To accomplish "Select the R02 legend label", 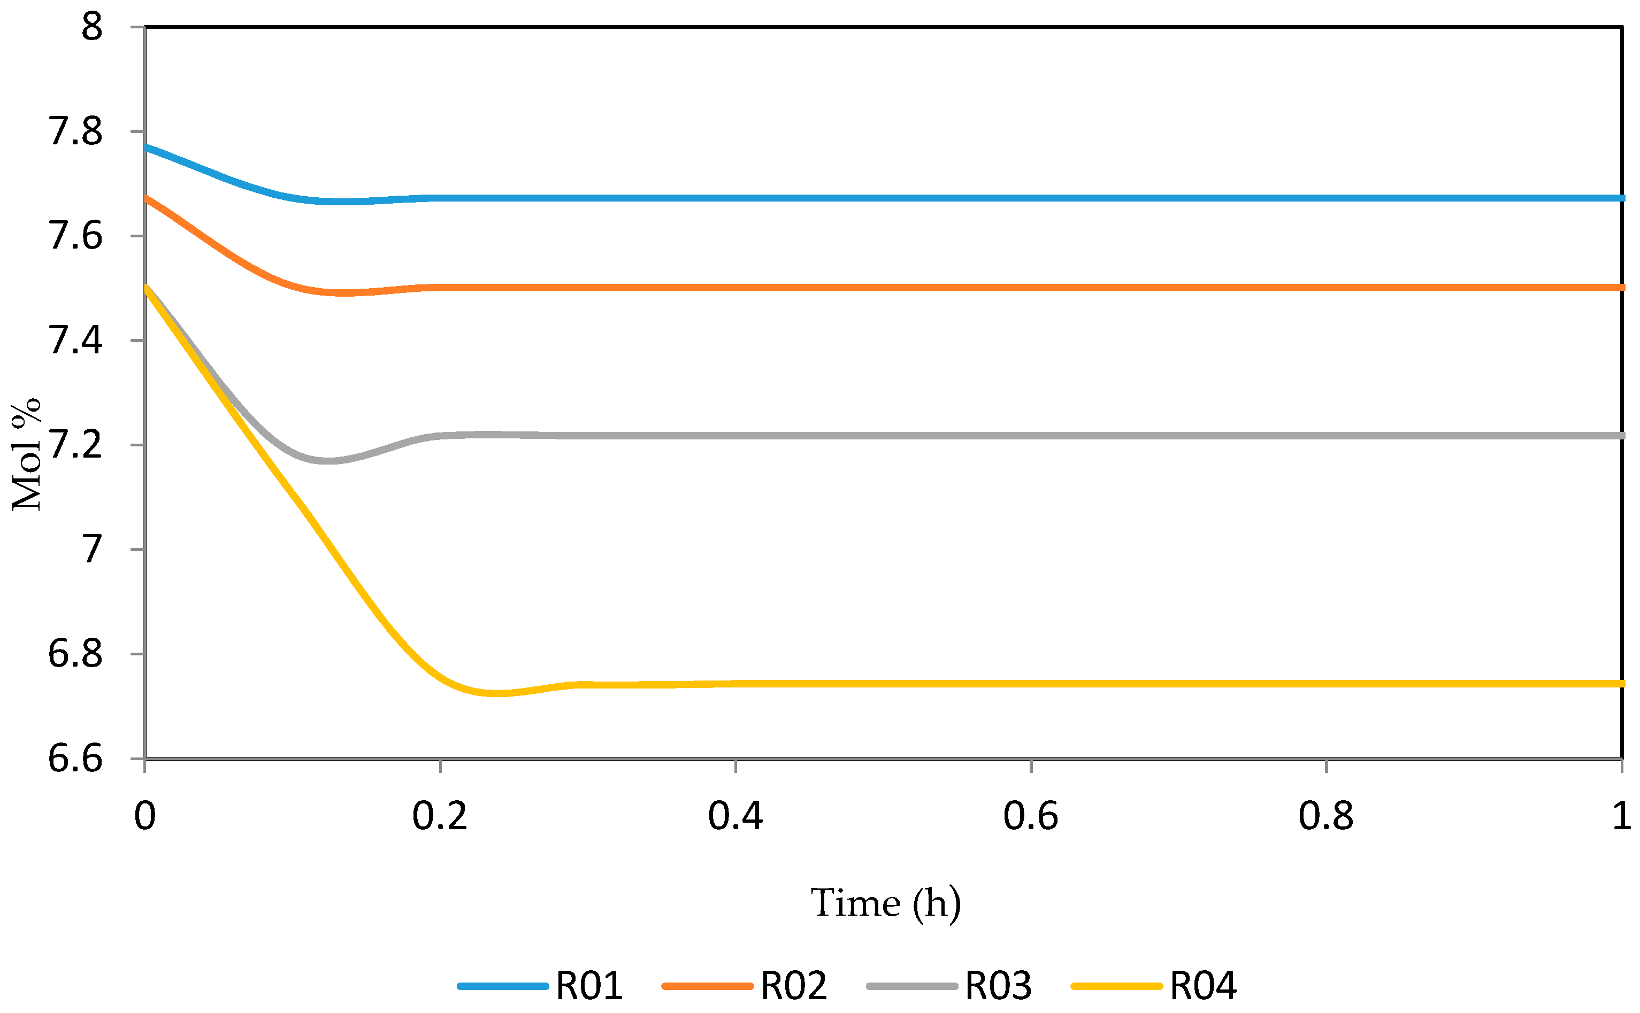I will tap(794, 986).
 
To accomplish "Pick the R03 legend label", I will tap(998, 986).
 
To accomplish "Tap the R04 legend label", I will tap(1203, 986).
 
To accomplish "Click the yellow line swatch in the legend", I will tap(1116, 986).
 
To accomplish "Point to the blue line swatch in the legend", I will tap(503, 986).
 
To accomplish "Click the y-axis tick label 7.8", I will tap(75, 132).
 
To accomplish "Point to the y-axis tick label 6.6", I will tap(75, 759).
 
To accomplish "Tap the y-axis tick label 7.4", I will tap(75, 341).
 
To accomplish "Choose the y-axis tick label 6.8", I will tap(75, 654).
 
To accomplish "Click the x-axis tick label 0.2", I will tap(440, 816).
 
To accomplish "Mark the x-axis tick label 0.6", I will tap(1031, 816).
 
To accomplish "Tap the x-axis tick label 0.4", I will tap(735, 816).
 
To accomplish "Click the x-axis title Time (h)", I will tap(886, 903).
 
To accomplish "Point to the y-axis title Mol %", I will tap(27, 455).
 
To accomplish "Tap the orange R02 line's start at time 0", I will tap(146, 198).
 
